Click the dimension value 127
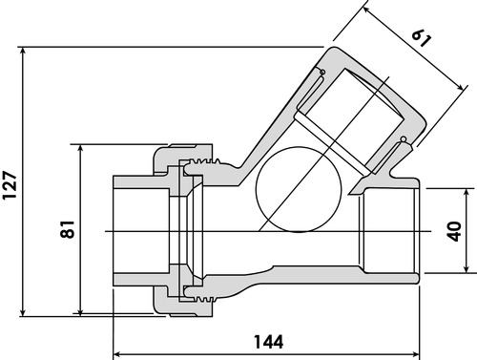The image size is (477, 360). (x=10, y=185)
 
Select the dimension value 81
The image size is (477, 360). (x=68, y=229)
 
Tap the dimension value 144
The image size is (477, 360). (x=269, y=342)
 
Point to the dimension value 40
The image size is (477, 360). (x=454, y=231)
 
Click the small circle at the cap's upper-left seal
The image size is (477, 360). (x=322, y=72)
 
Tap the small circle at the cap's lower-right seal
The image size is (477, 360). (x=404, y=139)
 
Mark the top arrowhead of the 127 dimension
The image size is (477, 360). (x=23, y=52)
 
